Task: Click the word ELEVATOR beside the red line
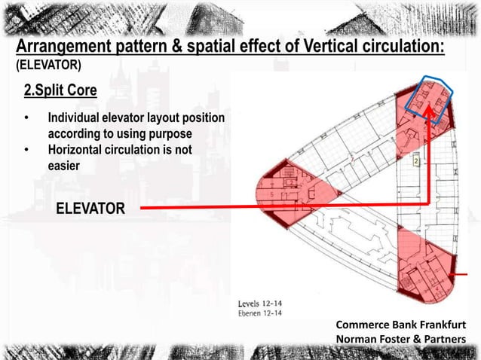pos(88,208)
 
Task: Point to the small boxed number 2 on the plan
pos(415,162)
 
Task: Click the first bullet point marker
pos(26,119)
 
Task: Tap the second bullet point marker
pos(26,150)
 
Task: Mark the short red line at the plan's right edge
pos(474,274)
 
